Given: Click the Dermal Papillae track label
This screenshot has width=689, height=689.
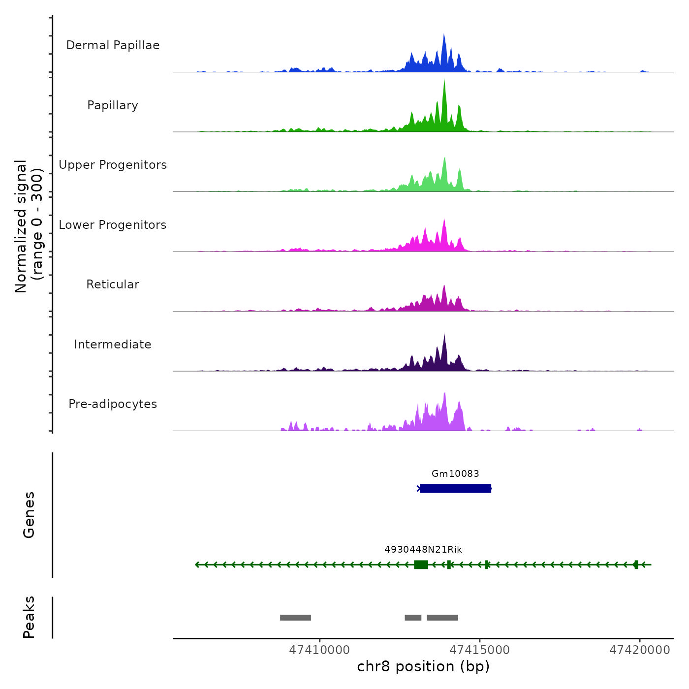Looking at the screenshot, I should (113, 45).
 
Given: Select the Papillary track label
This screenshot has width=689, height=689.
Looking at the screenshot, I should (113, 105).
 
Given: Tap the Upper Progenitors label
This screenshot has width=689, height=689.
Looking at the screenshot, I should (113, 165).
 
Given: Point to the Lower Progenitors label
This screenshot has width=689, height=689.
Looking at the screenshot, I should (113, 225).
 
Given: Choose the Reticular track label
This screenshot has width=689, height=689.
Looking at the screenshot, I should (113, 284).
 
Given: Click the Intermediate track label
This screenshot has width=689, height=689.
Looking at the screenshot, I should (113, 344).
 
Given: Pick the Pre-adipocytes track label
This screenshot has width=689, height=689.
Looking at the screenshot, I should (113, 404).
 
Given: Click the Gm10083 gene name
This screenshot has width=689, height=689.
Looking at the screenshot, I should (455, 473).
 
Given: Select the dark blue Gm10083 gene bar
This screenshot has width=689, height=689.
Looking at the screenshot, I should (455, 488).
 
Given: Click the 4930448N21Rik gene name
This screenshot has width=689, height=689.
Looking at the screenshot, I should (423, 549).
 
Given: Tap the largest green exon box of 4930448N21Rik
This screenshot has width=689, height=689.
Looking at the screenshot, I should (421, 564).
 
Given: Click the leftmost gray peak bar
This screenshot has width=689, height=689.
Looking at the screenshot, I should (295, 618).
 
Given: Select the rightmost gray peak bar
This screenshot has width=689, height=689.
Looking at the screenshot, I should (442, 618).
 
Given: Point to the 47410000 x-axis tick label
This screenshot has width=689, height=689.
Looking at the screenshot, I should (319, 650).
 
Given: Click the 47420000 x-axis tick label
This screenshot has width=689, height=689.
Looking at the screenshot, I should (640, 650).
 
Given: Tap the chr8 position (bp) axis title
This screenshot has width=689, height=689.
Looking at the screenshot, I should (423, 666).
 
